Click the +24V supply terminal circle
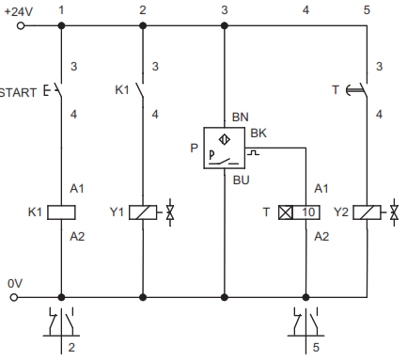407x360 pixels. [21, 25]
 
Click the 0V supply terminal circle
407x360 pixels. [14, 297]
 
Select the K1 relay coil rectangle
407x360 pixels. [61, 212]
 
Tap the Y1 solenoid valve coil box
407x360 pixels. [143, 212]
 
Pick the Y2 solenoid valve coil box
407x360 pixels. [367, 212]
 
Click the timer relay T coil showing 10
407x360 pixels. [299, 212]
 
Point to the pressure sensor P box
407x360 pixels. [225, 148]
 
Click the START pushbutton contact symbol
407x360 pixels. [55, 90]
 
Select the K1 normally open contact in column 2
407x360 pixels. [140, 90]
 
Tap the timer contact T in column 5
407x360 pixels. [358, 90]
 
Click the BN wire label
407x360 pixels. [241, 117]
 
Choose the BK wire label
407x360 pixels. [258, 133]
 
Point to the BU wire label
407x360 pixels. [242, 180]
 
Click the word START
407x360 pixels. [18, 93]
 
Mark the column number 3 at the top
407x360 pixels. [225, 10]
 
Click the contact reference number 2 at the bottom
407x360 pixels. [71, 347]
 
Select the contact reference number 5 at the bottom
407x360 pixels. [316, 347]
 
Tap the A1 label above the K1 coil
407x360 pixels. [77, 189]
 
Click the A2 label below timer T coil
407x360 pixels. [321, 236]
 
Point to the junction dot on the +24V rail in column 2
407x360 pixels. [143, 25]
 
